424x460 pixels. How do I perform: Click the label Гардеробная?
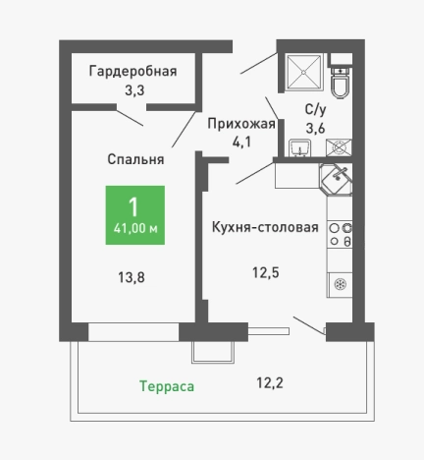point(132,71)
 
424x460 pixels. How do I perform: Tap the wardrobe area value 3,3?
point(132,90)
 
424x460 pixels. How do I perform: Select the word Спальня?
point(135,158)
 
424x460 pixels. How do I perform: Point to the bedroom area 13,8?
point(131,277)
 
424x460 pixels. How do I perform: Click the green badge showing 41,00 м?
point(134,216)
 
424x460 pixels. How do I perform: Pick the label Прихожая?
point(240,123)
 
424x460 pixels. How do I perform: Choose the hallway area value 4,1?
point(241,142)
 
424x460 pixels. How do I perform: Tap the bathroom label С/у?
point(315,109)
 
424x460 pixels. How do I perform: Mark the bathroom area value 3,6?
point(315,128)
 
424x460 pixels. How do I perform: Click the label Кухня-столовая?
point(265,227)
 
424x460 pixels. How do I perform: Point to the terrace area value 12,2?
point(271,382)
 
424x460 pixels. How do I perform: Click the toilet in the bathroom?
point(341,84)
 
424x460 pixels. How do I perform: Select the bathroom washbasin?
point(300,148)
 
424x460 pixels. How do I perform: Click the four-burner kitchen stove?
point(341,235)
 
